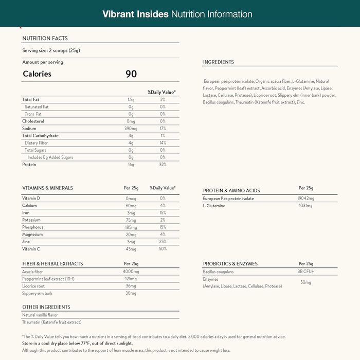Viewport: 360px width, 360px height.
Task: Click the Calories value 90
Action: tap(131, 74)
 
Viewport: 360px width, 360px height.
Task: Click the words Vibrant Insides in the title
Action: tap(135, 14)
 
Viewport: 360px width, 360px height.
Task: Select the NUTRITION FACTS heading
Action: tap(45, 38)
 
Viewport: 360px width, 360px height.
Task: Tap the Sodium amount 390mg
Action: tap(131, 129)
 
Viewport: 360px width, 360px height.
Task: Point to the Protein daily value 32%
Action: tap(163, 165)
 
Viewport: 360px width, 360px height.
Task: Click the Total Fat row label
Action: tap(30, 99)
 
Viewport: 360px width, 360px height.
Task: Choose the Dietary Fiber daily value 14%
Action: tap(163, 143)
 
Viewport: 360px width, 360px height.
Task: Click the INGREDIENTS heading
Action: tap(219, 62)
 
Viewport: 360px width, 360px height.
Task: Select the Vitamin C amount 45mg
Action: tap(131, 249)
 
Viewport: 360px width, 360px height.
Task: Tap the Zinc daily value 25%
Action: tap(163, 242)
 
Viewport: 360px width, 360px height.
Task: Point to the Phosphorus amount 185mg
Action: tap(131, 227)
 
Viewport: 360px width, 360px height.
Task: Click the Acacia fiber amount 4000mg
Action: tap(131, 272)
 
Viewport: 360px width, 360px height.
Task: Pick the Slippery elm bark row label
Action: tap(38, 293)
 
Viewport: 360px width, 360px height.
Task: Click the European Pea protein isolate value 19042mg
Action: tap(305, 199)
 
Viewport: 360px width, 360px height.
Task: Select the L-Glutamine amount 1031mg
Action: tap(305, 206)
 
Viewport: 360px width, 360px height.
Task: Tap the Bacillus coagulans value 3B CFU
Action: tap(305, 272)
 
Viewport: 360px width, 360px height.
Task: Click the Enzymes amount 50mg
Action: tap(305, 282)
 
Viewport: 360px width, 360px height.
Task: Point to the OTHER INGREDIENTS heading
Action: tap(46, 307)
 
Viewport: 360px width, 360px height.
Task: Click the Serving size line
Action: tap(51, 50)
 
